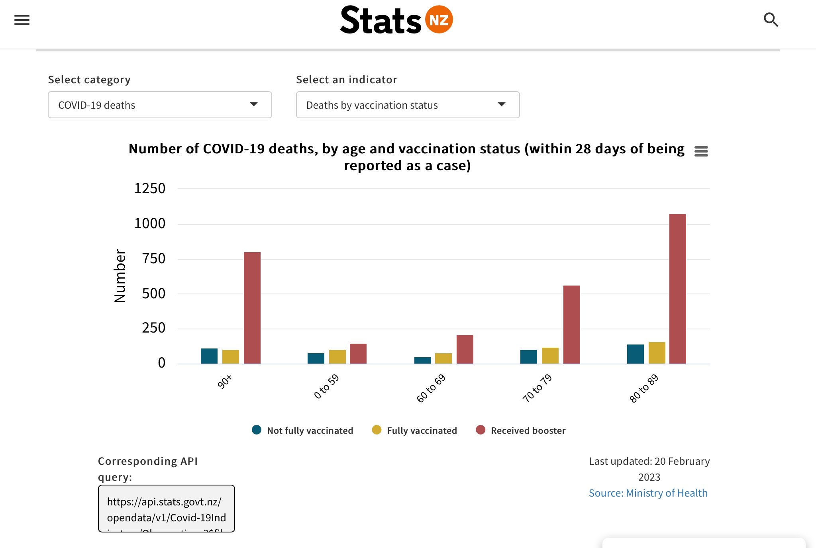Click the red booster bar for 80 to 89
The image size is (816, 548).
677,289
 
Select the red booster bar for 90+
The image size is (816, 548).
252,308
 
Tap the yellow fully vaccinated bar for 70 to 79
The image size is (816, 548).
550,356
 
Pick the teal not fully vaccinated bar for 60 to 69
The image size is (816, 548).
422,360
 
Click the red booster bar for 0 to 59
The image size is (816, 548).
358,354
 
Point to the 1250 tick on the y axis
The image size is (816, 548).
149,188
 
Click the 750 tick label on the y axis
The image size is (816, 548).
153,259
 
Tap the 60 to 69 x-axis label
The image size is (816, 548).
431,388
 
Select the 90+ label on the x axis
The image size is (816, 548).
224,382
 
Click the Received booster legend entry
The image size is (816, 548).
521,431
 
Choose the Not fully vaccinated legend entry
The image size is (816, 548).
303,431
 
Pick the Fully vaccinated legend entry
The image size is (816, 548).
414,431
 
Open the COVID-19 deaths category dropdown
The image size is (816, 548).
160,105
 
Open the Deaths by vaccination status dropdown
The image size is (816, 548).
408,105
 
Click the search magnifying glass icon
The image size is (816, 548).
771,20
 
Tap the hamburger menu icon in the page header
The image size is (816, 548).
22,20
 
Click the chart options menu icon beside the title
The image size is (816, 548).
701,151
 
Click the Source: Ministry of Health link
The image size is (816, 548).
648,493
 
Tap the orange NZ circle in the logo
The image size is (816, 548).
439,20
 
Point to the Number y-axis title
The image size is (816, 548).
120,276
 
